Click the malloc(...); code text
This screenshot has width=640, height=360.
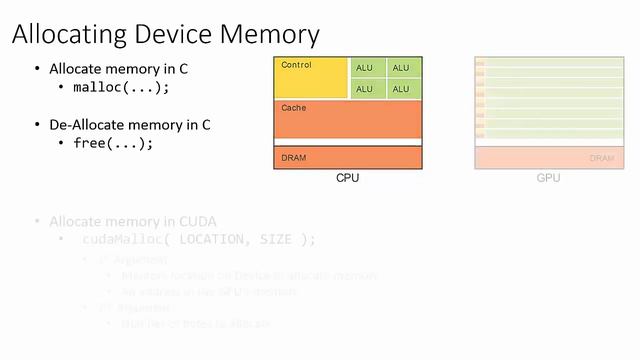122,87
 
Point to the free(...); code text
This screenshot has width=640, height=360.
114,143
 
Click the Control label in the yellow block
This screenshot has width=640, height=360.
297,66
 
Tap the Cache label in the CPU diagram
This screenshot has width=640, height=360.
294,107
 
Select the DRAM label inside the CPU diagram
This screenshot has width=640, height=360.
294,158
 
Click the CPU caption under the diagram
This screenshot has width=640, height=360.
347,178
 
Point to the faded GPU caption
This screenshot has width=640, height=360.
548,178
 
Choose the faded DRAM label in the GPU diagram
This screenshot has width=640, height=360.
602,158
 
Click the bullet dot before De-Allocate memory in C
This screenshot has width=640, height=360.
38,125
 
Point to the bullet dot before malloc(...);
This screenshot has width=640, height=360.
62,87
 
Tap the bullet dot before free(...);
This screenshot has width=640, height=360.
62,143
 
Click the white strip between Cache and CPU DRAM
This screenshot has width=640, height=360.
348,142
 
